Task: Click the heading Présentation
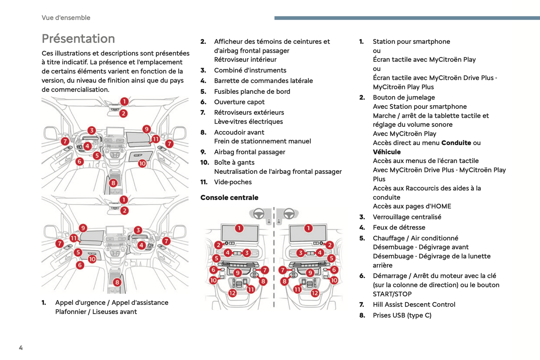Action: [x=78, y=39]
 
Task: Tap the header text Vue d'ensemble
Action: [x=66, y=18]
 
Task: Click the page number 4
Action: [x=21, y=348]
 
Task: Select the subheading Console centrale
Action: [x=229, y=197]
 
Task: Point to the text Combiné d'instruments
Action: [x=250, y=70]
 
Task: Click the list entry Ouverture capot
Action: [x=239, y=102]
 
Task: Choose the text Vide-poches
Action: [x=233, y=182]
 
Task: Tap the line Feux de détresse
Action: [x=399, y=227]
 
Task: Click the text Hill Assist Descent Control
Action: [x=414, y=304]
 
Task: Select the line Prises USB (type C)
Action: [x=402, y=315]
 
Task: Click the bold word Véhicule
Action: [x=386, y=152]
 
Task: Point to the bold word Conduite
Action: [x=456, y=143]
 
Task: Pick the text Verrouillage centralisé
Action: [x=407, y=217]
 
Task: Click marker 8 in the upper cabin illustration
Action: [x=113, y=183]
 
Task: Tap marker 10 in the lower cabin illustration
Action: [x=92, y=259]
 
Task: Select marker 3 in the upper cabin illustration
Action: [x=92, y=130]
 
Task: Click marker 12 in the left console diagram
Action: [x=232, y=293]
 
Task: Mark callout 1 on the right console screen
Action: [x=308, y=228]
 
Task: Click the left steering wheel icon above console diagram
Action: [x=259, y=214]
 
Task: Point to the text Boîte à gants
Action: [x=234, y=163]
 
